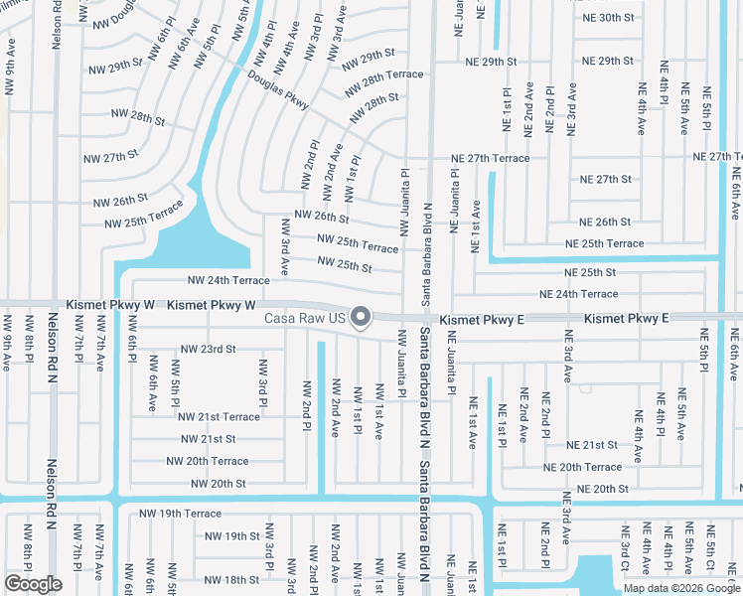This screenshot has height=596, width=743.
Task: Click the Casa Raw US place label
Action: click(304, 319)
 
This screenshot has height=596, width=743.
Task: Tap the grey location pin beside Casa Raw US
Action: click(362, 318)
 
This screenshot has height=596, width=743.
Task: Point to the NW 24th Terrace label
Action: click(228, 281)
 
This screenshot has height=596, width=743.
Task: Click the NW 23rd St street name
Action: click(208, 350)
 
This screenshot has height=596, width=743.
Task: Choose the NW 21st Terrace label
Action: click(219, 417)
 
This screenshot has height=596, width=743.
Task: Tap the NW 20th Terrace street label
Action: click(207, 461)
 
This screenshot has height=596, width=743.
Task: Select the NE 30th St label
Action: click(631, 18)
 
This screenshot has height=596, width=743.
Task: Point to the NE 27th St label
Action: click(606, 179)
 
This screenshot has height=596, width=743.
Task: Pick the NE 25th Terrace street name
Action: click(604, 243)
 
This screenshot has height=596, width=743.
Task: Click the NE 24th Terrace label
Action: click(578, 294)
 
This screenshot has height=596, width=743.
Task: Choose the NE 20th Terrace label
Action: click(582, 467)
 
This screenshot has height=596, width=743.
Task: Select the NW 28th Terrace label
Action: click(384, 74)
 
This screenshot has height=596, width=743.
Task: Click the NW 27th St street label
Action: click(110, 157)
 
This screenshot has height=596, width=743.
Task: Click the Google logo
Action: click(33, 583)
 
